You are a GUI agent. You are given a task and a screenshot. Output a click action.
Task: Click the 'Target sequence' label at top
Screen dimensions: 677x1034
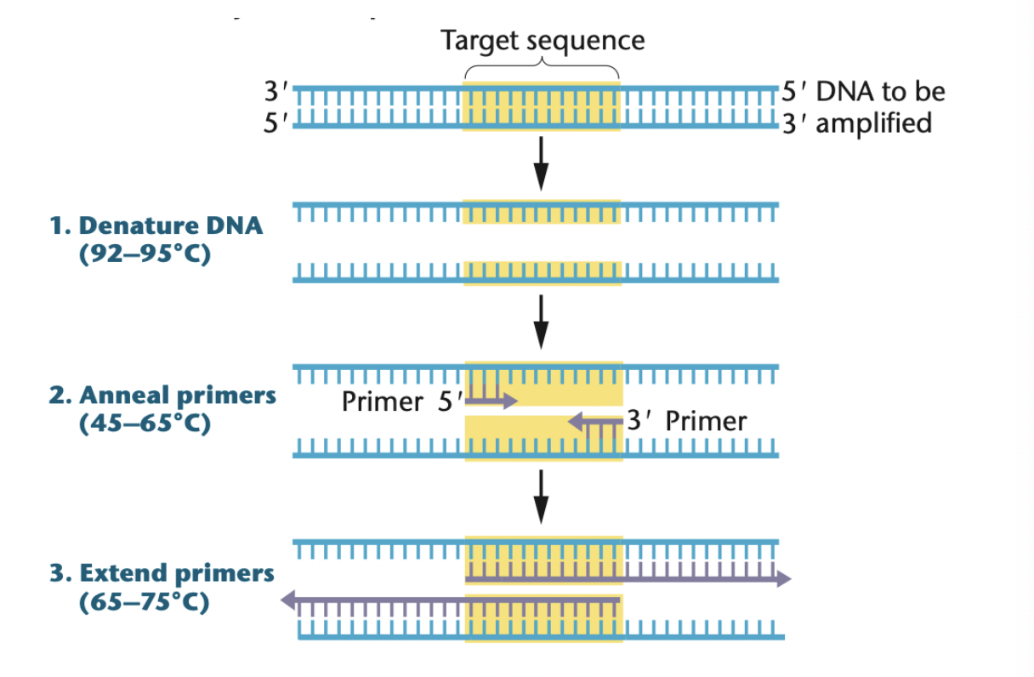pos(542,40)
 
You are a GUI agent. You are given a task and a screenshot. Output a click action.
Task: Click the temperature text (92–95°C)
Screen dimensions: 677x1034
pos(145,254)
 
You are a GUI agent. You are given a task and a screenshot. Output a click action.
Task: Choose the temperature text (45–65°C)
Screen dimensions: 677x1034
pos(145,424)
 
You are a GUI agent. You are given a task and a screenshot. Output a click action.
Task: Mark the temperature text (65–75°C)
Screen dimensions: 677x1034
pos(145,601)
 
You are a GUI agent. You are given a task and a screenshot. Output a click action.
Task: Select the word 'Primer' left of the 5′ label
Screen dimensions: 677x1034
pos(382,401)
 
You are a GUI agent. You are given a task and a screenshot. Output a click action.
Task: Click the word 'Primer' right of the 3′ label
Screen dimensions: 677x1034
pos(706,421)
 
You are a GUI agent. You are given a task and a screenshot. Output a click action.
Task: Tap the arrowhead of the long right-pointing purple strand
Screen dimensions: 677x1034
pos(782,579)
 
